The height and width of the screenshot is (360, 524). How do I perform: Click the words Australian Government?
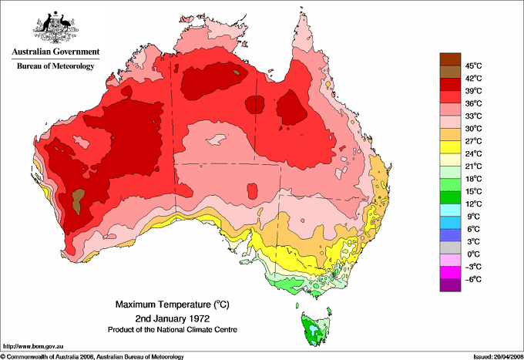(55, 52)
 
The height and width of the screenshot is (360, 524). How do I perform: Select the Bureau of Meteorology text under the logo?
(55, 66)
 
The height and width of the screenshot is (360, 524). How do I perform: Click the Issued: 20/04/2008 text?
(494, 355)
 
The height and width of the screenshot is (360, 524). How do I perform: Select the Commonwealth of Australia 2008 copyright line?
(92, 355)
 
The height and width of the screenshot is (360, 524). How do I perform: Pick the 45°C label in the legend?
(472, 66)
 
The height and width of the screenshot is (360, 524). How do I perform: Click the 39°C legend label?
(472, 90)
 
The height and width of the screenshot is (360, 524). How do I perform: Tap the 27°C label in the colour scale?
(472, 141)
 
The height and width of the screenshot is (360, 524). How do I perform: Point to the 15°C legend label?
(472, 191)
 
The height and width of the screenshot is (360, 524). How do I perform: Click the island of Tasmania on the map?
(314, 330)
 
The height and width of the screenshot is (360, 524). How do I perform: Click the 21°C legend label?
(472, 166)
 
